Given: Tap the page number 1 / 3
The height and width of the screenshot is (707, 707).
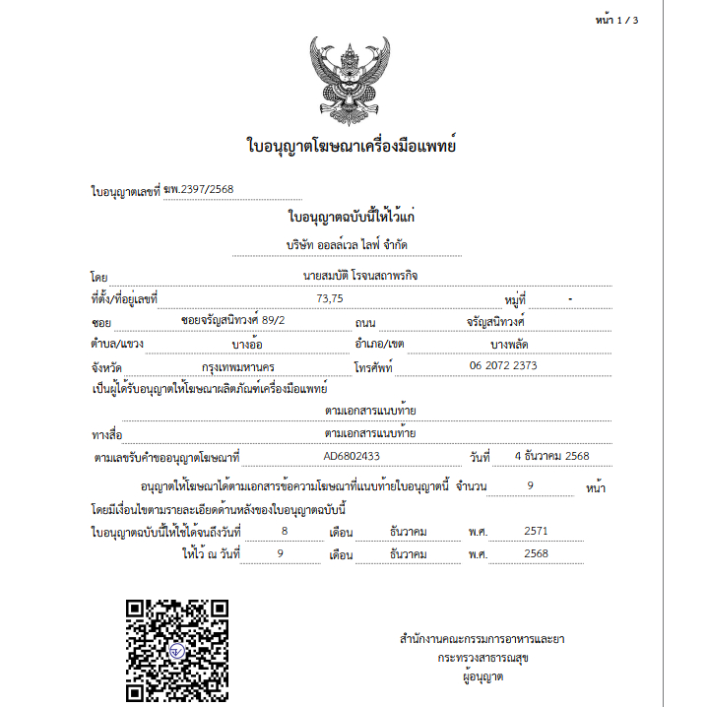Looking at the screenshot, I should [618, 19].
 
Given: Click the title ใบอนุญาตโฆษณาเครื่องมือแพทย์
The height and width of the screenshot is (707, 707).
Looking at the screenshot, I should [352, 147].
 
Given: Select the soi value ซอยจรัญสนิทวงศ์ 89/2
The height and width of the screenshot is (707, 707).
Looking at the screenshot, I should [233, 321].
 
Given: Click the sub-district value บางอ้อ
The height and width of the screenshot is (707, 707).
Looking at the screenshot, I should [246, 344].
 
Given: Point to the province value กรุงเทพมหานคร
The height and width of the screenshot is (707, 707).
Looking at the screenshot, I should [238, 366].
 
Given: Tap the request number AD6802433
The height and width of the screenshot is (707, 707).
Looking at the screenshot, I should [352, 457].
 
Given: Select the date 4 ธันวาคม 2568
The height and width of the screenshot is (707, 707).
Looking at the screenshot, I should [551, 457].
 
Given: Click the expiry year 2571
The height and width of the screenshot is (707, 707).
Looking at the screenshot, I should [536, 531].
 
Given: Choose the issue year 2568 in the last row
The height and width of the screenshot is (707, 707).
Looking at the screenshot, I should [536, 553].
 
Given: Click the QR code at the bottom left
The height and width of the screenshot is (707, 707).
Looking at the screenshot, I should [177, 650].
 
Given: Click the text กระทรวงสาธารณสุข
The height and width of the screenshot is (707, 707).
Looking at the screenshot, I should [482, 658].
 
